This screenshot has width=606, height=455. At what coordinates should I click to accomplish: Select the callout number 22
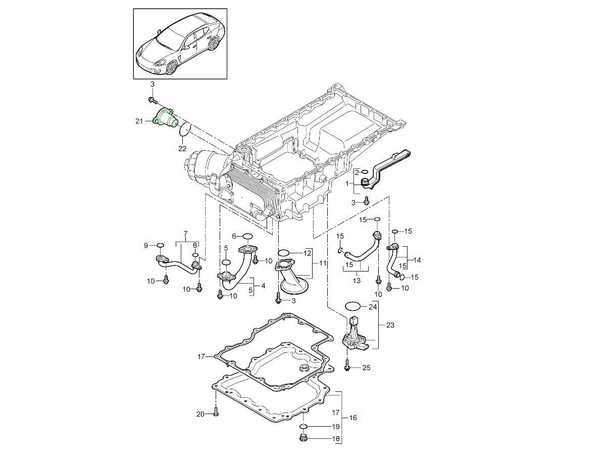pyautogui.click(x=182, y=148)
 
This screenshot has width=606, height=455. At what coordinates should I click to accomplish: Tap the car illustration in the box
pyautogui.click(x=180, y=44)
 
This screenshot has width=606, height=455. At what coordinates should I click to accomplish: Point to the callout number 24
pyautogui.click(x=373, y=306)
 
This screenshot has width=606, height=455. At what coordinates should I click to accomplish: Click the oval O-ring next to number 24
pyautogui.click(x=352, y=306)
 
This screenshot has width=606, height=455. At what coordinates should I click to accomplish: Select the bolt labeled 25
pyautogui.click(x=347, y=367)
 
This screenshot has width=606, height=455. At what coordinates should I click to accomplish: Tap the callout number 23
pyautogui.click(x=390, y=326)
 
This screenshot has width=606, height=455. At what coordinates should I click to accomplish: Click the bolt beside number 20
pyautogui.click(x=216, y=412)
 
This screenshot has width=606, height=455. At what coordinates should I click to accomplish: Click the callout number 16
pyautogui.click(x=352, y=418)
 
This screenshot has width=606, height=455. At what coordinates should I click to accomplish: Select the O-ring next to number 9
pyautogui.click(x=160, y=245)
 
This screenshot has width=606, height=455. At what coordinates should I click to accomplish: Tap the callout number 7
pyautogui.click(x=185, y=234)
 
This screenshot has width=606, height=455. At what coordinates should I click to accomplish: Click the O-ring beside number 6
pyautogui.click(x=247, y=236)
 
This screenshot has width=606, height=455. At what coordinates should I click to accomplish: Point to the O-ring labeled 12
pyautogui.click(x=284, y=253)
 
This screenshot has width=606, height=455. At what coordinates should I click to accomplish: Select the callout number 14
pyautogui.click(x=417, y=260)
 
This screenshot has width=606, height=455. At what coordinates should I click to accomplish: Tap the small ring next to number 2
pyautogui.click(x=366, y=172)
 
